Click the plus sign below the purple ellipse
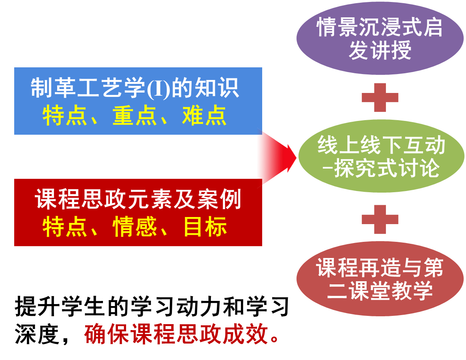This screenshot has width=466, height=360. (380, 97)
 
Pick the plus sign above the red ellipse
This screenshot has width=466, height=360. (380, 219)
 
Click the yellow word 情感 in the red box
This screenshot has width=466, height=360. (135, 227)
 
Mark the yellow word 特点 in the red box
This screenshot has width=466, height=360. (65, 227)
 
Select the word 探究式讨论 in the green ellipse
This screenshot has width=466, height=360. (386, 169)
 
